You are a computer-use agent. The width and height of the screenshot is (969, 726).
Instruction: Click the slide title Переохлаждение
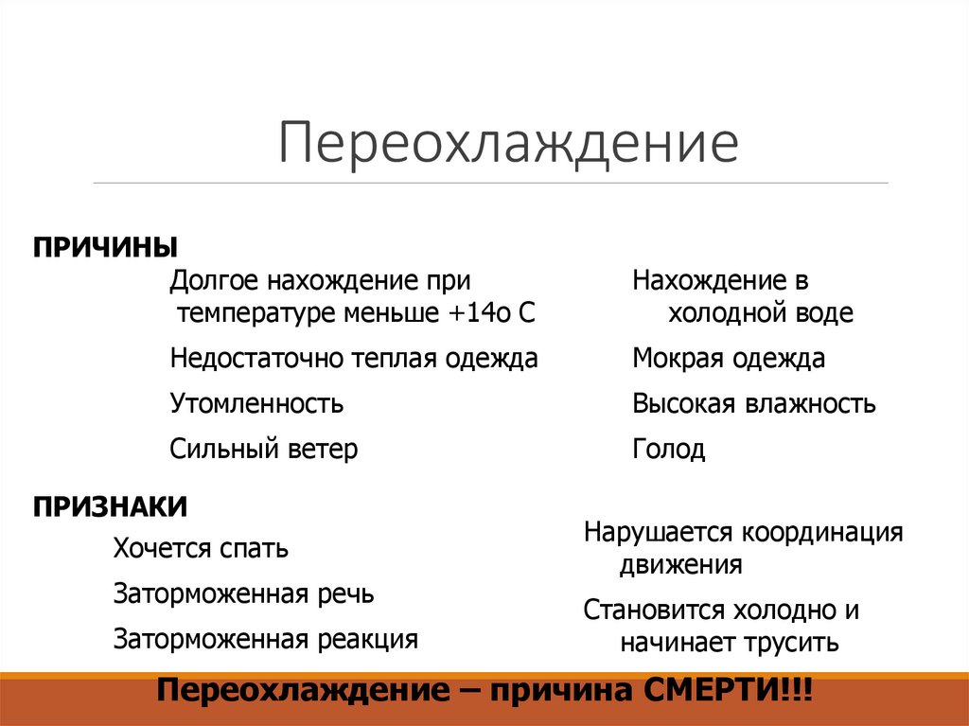coord(507,143)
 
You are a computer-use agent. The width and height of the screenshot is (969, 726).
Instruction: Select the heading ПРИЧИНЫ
coord(106,247)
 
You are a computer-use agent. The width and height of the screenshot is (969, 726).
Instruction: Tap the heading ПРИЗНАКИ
coord(111,507)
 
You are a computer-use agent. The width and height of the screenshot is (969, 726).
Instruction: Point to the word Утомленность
coord(256,404)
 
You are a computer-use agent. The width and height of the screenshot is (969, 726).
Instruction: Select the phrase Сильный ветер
coord(264,449)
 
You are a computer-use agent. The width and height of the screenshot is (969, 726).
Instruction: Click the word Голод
coord(669,449)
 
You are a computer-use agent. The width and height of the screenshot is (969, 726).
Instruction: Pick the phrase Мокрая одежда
coord(729,359)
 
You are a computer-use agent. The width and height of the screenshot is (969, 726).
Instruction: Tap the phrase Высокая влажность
coord(754,404)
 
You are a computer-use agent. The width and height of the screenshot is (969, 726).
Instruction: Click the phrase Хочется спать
coord(201,548)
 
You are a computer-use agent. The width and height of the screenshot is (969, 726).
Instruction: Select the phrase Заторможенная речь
coord(243,593)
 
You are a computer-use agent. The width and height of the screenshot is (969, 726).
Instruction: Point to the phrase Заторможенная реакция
coord(265,639)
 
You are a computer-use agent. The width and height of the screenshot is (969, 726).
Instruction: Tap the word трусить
coord(793,644)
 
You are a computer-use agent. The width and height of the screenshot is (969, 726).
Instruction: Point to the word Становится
coord(649,610)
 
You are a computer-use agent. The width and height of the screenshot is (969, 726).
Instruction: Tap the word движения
coord(681,566)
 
